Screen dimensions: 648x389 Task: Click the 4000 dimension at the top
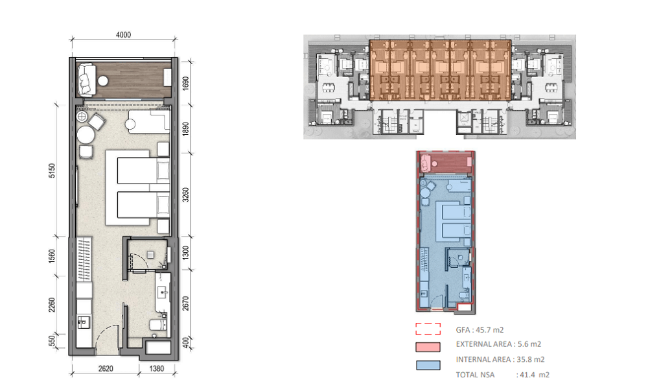click(123, 35)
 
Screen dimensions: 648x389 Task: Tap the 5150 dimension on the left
click(52, 171)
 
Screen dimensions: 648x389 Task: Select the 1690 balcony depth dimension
click(185, 83)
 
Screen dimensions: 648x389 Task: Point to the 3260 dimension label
click(185, 194)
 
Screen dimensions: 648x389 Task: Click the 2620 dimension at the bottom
click(106, 368)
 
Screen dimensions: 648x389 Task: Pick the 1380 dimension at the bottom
click(157, 368)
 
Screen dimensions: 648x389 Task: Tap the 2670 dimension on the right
click(185, 303)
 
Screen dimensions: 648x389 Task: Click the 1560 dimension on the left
click(52, 256)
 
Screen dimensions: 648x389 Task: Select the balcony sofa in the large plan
click(86, 79)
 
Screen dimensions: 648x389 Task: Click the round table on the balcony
click(103, 80)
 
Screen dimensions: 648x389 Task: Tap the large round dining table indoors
click(86, 135)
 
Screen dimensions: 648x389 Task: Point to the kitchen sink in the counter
click(84, 321)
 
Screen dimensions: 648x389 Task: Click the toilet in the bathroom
click(158, 325)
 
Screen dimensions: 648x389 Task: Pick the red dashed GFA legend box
click(428, 329)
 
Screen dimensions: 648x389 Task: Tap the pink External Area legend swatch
click(428, 347)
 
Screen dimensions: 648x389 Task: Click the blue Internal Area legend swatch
click(428, 366)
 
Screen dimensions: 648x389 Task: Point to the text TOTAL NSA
click(475, 375)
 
